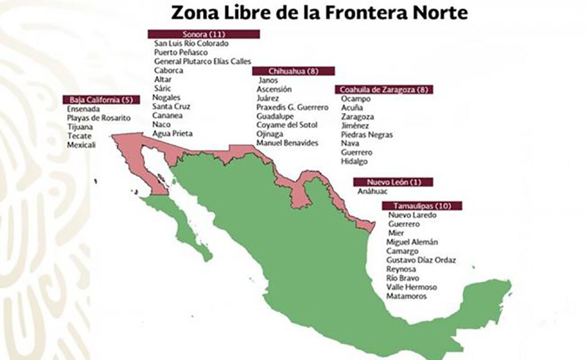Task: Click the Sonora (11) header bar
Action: pyautogui.click(x=203, y=34)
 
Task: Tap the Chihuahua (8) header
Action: pyautogui.click(x=293, y=71)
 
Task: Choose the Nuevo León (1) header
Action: pyautogui.click(x=392, y=182)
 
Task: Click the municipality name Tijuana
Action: pyautogui.click(x=80, y=126)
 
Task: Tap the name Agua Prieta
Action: pyautogui.click(x=172, y=133)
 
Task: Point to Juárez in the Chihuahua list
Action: pyautogui.click(x=268, y=98)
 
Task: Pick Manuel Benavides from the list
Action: pyautogui.click(x=287, y=143)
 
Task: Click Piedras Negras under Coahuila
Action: pyautogui.click(x=367, y=134)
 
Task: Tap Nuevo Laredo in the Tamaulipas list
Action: pyautogui.click(x=412, y=215)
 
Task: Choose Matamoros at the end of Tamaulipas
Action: pyautogui.click(x=407, y=296)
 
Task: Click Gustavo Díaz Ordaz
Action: pyautogui.click(x=421, y=260)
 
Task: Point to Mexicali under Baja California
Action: pyautogui.click(x=81, y=145)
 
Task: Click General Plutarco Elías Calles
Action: pyautogui.click(x=202, y=61)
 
